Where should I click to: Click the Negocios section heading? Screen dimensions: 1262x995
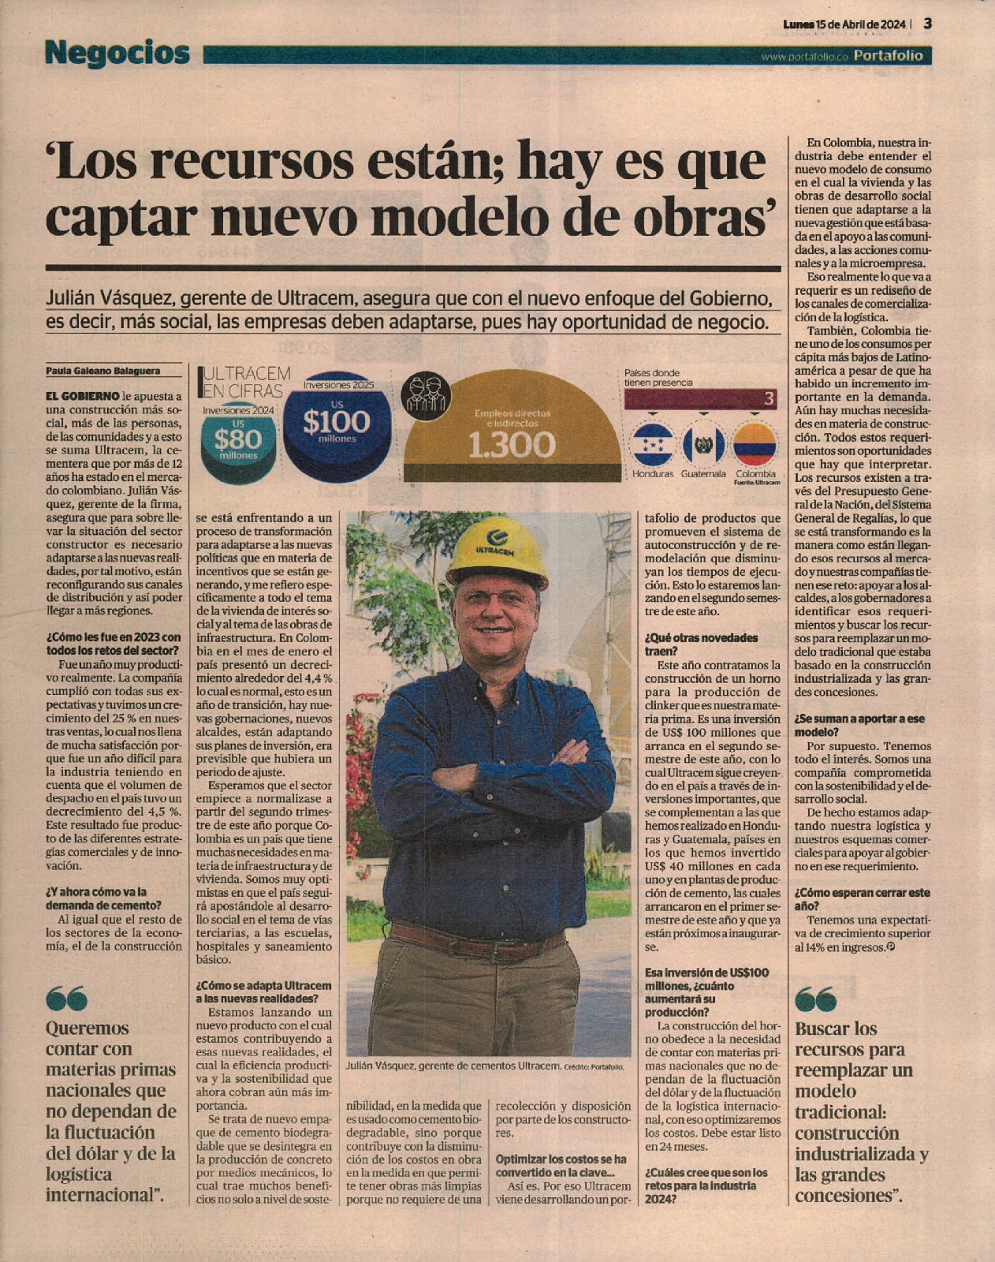tap(117, 53)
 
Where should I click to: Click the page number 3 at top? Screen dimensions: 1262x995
tap(928, 24)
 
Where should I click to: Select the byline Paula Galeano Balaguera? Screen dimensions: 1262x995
tap(102, 371)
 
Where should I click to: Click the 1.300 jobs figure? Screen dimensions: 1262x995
tap(512, 446)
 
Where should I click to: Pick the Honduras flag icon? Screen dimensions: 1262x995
tap(652, 445)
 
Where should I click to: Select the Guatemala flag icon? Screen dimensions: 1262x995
tap(703, 445)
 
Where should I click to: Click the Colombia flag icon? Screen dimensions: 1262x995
tap(755, 445)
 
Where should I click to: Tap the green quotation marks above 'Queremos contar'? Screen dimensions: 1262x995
tap(66, 999)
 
